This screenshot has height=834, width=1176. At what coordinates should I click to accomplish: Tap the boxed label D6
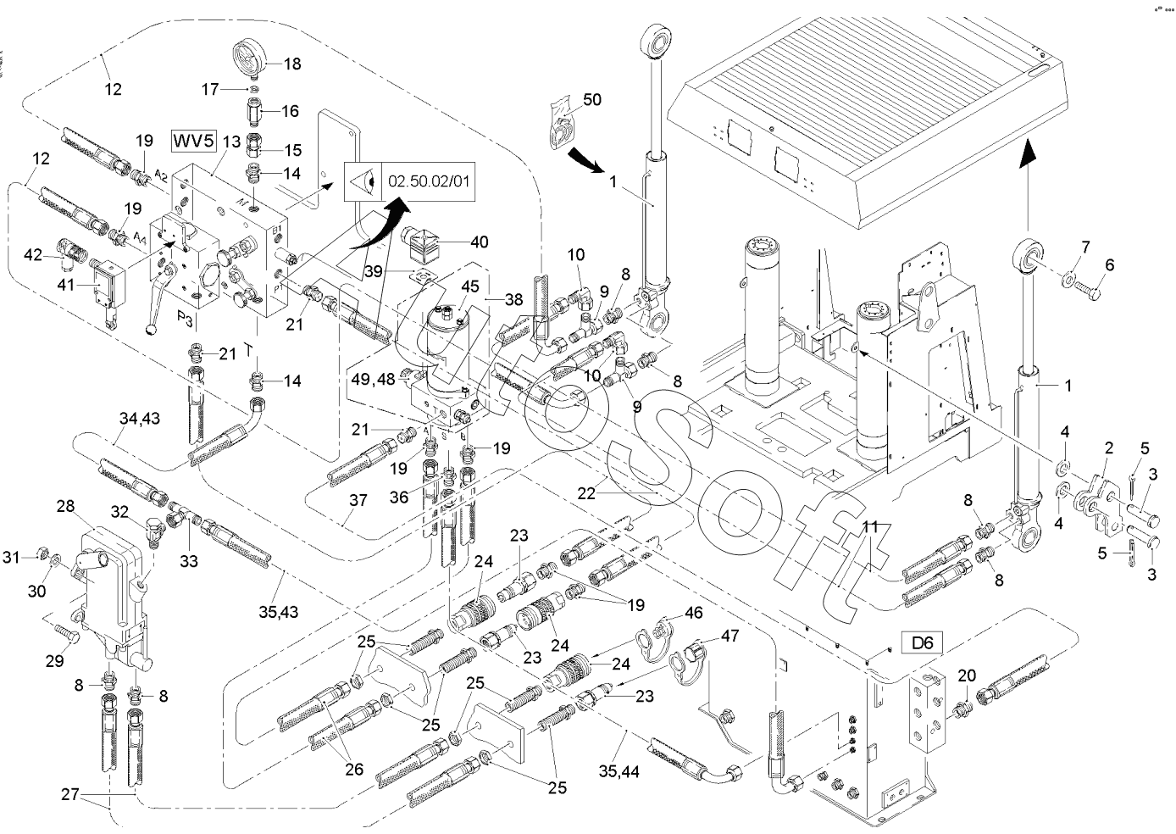[922, 642]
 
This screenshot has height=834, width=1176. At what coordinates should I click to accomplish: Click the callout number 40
[479, 242]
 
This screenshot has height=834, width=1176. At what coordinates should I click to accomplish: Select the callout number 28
[65, 506]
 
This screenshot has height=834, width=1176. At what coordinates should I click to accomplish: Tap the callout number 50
[591, 100]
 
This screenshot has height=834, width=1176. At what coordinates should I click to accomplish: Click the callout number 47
[729, 635]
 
